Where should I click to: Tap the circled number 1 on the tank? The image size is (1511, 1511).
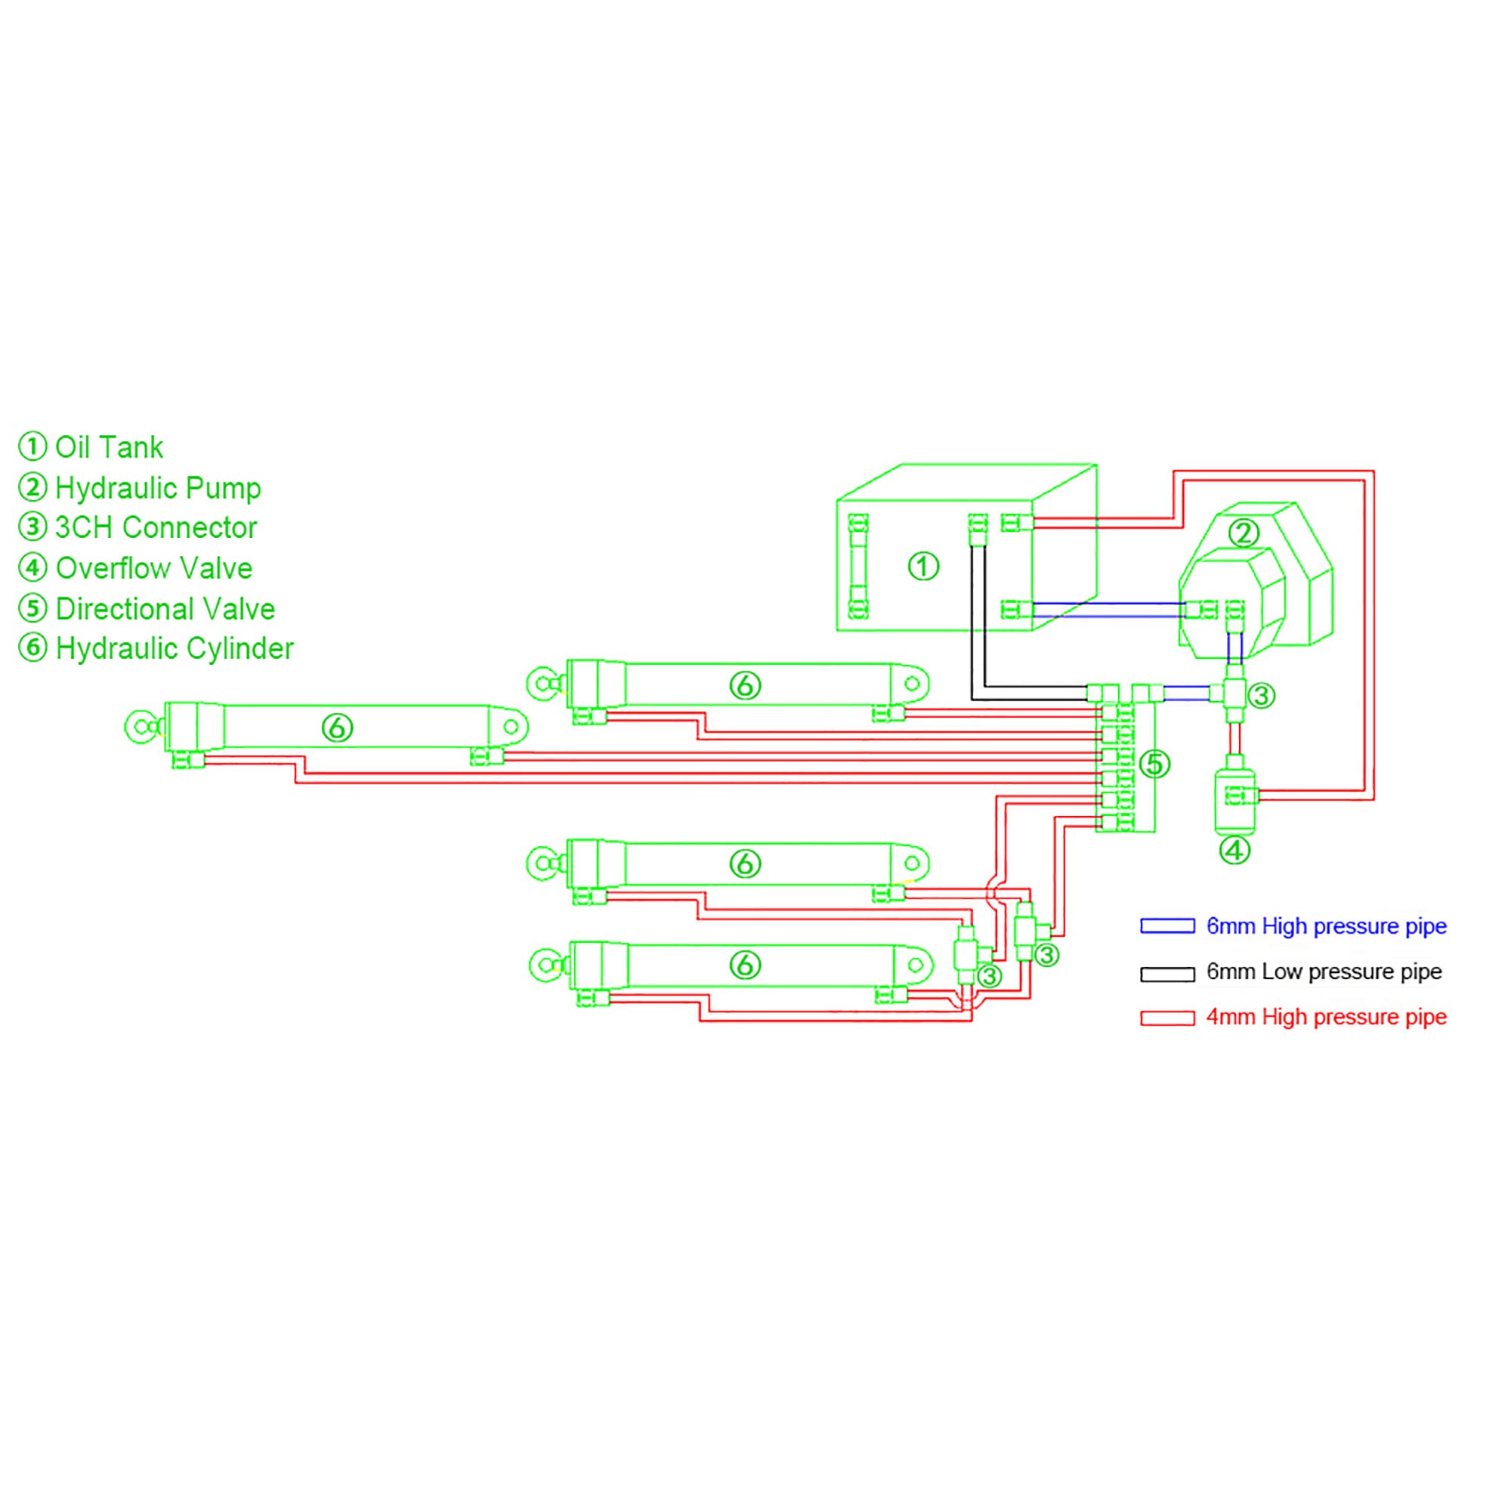pos(923,566)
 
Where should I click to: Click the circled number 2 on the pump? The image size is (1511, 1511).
pos(1244,533)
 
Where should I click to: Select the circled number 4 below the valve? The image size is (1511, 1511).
pos(1235,850)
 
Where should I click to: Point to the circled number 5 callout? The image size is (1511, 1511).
pos(1155,764)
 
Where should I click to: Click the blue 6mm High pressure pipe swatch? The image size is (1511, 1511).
pos(1167,926)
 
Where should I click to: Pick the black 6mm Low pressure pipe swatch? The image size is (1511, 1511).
pos(1167,974)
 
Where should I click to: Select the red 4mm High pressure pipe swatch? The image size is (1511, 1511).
pos(1167,1018)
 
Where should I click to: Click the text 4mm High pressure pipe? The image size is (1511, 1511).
pos(1327,1017)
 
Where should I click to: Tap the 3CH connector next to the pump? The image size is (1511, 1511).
pos(1234,693)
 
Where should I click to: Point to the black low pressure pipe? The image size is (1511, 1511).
pos(978,626)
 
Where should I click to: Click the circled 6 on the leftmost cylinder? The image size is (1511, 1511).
pos(337,728)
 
